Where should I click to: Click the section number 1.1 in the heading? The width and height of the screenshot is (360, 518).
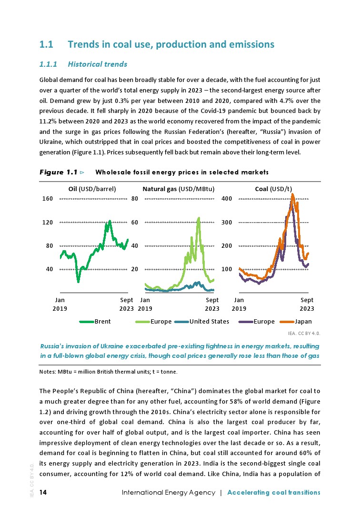coord(46,44)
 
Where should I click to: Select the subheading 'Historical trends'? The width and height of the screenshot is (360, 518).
coord(98,63)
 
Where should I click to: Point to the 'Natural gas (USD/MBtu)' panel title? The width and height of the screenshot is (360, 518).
coord(179,188)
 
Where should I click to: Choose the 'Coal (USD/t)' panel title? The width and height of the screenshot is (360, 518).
coord(273,188)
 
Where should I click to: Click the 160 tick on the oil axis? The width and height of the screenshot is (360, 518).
coord(47,199)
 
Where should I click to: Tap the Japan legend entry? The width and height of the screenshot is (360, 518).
coord(303,322)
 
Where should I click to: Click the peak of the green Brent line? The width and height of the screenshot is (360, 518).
coord(110,221)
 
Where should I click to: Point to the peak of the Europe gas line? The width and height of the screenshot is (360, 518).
coord(199,218)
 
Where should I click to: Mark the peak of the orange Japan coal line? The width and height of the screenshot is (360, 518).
coord(292,194)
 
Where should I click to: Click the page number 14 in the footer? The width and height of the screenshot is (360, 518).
coord(43,492)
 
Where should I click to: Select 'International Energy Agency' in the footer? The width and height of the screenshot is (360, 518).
coord(169,492)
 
